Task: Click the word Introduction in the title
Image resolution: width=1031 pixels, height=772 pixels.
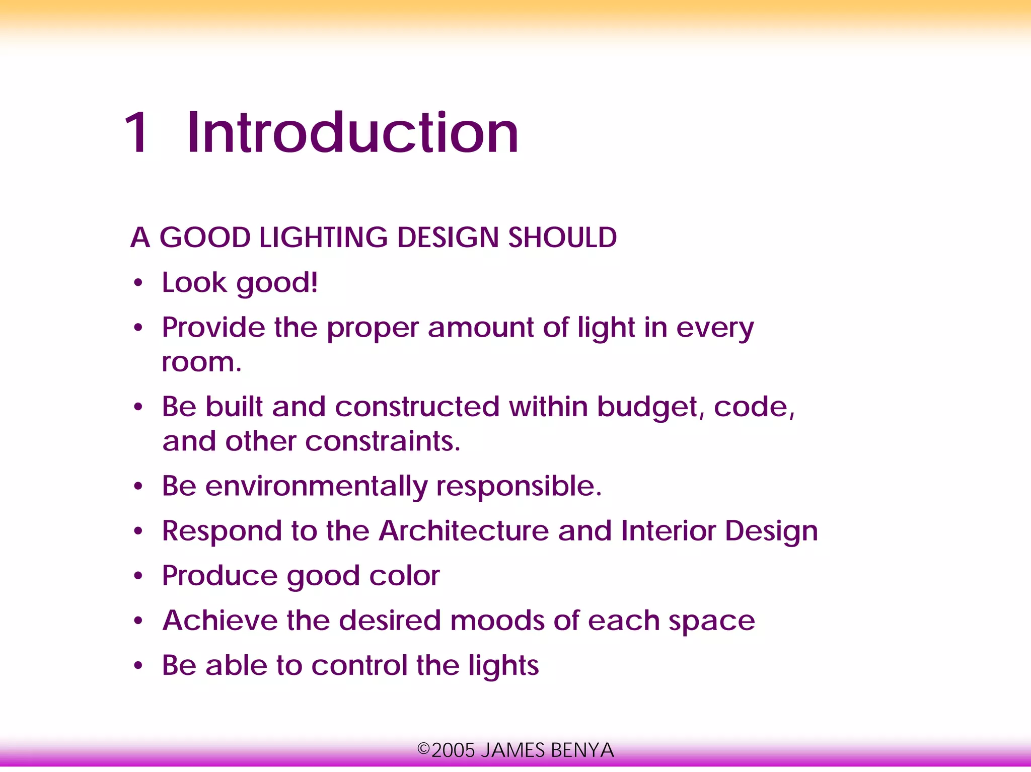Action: (352, 132)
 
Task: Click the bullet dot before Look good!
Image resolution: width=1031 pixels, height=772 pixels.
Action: (138, 283)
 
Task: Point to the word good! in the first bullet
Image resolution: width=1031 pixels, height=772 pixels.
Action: (277, 283)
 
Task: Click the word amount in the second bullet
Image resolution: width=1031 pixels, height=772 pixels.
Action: (480, 328)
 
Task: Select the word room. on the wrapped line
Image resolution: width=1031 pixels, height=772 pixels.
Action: (201, 362)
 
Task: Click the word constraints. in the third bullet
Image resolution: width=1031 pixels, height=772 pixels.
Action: (383, 441)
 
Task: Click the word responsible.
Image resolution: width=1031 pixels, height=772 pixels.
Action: (519, 486)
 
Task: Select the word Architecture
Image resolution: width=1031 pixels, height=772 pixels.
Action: (464, 531)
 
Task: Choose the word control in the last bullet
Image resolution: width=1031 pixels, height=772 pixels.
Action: (359, 665)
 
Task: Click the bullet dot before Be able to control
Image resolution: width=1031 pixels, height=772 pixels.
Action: (138, 666)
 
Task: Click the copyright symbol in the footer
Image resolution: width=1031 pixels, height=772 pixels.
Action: (423, 749)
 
